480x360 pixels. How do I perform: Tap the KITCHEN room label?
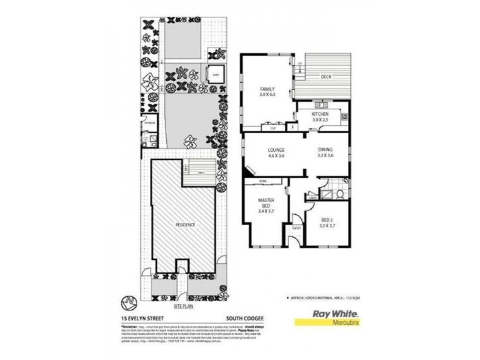point(321,114)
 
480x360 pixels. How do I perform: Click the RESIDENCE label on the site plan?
point(185,224)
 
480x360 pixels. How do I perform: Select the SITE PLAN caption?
point(183,305)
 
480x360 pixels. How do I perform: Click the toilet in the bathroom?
point(340,194)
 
